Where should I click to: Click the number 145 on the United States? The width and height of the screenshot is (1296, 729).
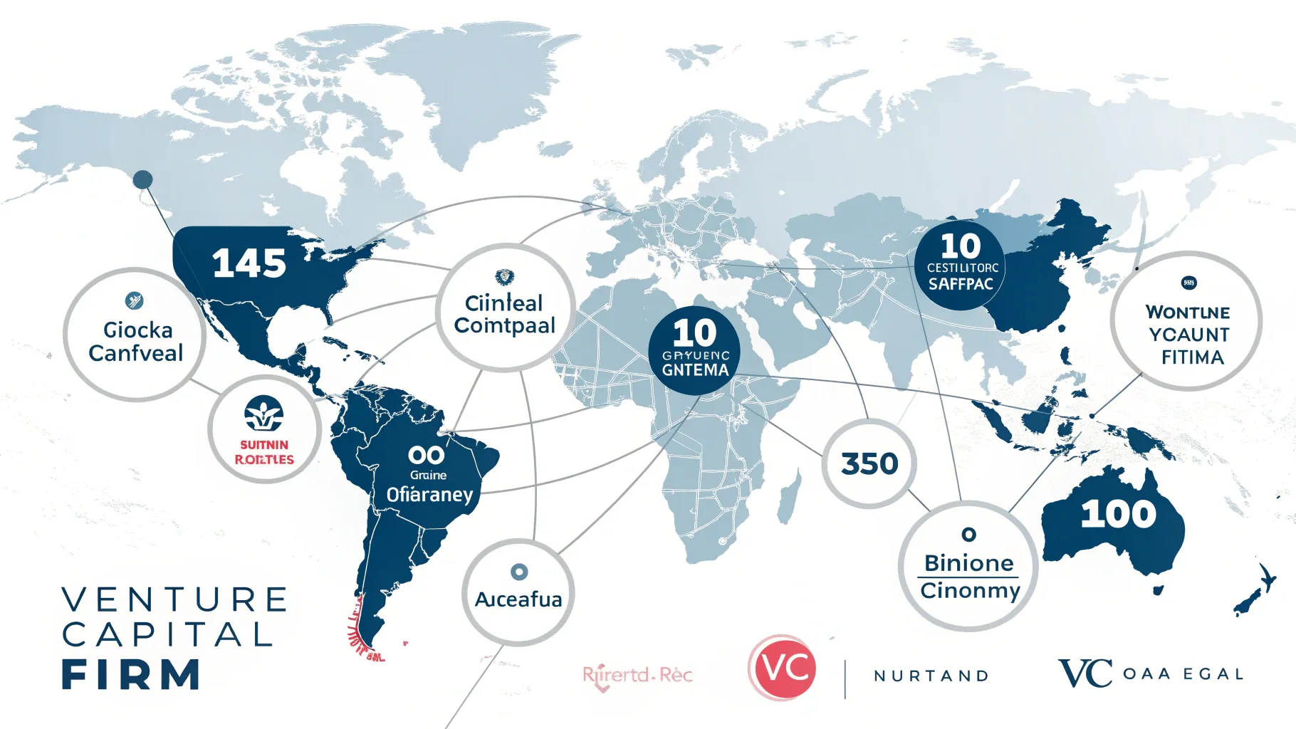pos(249,263)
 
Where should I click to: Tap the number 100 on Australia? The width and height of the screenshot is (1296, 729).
pos(1118,514)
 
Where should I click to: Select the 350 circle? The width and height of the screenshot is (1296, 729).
pos(869,464)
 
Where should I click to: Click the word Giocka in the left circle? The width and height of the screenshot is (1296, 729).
pos(137,330)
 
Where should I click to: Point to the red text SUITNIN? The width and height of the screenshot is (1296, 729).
pos(264,445)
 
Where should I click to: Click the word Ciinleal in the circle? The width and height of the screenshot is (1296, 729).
pos(503,303)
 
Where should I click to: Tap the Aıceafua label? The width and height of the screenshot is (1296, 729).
pos(518,599)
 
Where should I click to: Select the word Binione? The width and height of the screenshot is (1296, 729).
pos(968,563)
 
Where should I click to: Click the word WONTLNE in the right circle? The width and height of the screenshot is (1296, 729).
pos(1188,313)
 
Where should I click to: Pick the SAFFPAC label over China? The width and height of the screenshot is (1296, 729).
pos(961,284)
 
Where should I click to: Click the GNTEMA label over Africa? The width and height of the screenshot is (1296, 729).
pos(695,370)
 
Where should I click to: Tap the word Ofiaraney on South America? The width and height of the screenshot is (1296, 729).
pos(429,494)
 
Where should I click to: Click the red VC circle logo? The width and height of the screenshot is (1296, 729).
pos(783,668)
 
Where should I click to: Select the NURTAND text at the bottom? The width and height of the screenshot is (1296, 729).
pos(931,676)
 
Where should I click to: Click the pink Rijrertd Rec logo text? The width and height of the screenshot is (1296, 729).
pos(637,675)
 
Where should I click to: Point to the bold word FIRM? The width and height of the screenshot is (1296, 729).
pos(131,675)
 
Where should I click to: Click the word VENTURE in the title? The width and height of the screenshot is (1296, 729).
pos(175,599)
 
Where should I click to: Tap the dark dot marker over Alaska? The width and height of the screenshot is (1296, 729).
pos(143,179)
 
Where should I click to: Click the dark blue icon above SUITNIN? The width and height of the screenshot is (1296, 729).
pos(264,413)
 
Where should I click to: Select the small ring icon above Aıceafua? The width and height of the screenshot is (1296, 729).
pos(519,572)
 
